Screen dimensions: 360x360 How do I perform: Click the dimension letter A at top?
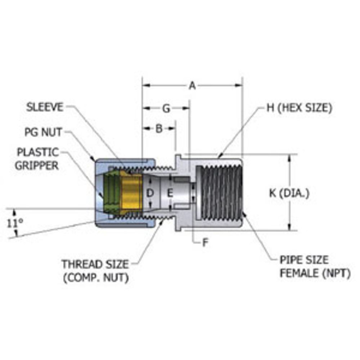pos(193,86)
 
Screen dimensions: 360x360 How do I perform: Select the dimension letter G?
pos(166,108)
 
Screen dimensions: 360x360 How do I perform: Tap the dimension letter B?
pos(159,129)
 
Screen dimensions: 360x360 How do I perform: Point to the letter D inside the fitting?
pos(150,193)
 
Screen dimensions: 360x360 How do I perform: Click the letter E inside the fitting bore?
pos(170,193)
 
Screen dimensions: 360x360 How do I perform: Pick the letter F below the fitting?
pos(205,243)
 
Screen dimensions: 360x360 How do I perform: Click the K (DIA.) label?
pos(289,193)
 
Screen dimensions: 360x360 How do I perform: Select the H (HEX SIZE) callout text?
pos(299,108)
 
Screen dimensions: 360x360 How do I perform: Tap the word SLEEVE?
pos(45,107)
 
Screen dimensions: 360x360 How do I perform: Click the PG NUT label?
pos(43,132)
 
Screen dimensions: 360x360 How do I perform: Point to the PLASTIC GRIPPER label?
pos(37,158)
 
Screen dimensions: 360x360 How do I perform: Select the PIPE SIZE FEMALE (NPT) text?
pos(315,266)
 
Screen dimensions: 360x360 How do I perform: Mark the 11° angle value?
pos(14,224)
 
